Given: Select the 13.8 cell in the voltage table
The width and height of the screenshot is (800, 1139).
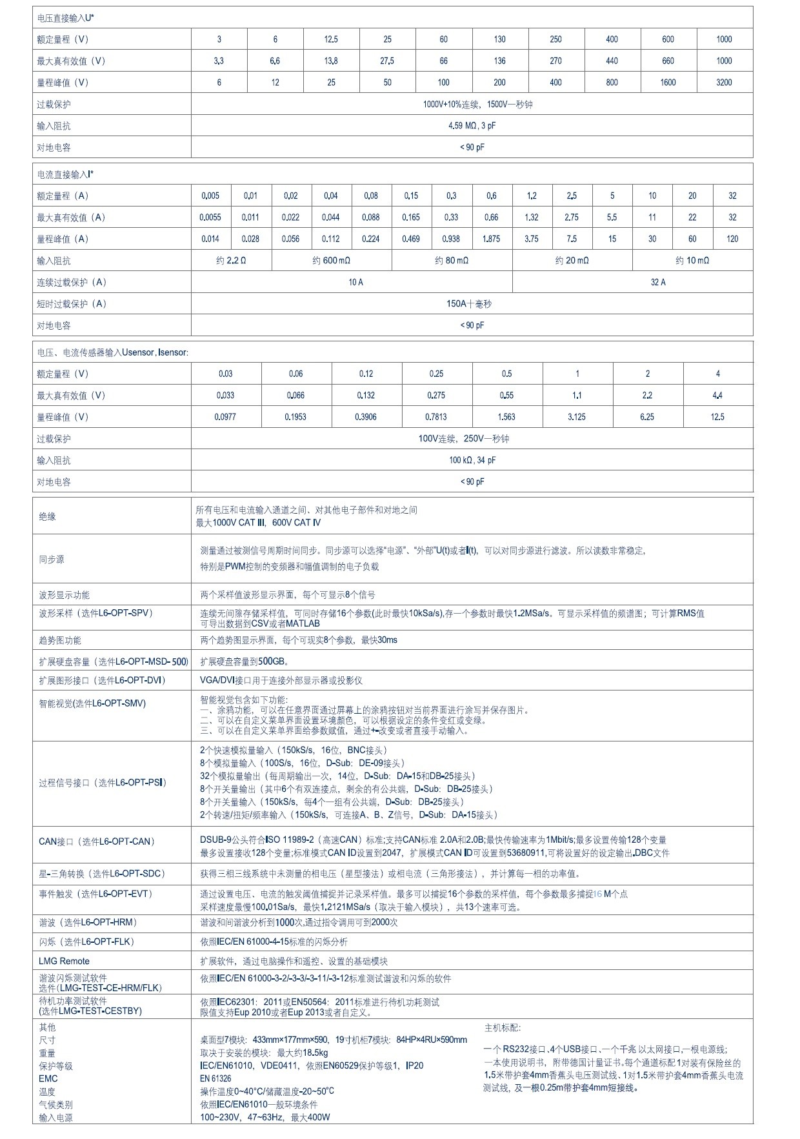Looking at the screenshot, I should pyautogui.click(x=331, y=61).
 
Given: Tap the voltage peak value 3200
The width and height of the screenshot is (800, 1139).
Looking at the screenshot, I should pyautogui.click(x=724, y=83).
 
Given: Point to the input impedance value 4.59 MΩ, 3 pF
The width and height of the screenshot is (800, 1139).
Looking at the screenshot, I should pyautogui.click(x=472, y=126).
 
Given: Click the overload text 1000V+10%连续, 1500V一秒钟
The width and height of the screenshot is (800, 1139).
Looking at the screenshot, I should pyautogui.click(x=477, y=105).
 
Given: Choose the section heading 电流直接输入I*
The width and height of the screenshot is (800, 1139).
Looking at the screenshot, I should pyautogui.click(x=65, y=174).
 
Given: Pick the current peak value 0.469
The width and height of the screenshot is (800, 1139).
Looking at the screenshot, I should pyautogui.click(x=411, y=239).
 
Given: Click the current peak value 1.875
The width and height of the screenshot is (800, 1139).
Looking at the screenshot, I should pyautogui.click(x=491, y=239).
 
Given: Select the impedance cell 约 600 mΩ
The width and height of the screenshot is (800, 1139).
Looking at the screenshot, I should pyautogui.click(x=332, y=261).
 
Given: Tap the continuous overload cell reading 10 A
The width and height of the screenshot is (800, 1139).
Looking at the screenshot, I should pyautogui.click(x=355, y=282).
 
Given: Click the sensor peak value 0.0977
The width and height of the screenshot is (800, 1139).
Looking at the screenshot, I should pyautogui.click(x=225, y=417).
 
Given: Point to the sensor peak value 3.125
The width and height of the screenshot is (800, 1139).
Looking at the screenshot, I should pyautogui.click(x=577, y=417).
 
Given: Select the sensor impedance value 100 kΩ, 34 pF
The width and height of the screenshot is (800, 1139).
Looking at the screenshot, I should pyautogui.click(x=472, y=460).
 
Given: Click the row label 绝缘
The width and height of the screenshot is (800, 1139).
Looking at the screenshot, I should pyautogui.click(x=47, y=516).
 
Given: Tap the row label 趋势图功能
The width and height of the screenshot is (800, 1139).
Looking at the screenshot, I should pyautogui.click(x=60, y=640).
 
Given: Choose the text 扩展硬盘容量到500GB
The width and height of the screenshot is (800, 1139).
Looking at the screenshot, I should pyautogui.click(x=245, y=661).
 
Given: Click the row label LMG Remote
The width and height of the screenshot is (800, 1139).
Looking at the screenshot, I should pyautogui.click(x=64, y=961).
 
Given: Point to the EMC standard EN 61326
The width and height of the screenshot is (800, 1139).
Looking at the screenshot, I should pyautogui.click(x=215, y=1078).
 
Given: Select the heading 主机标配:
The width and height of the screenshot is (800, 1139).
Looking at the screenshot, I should pyautogui.click(x=502, y=1028).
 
